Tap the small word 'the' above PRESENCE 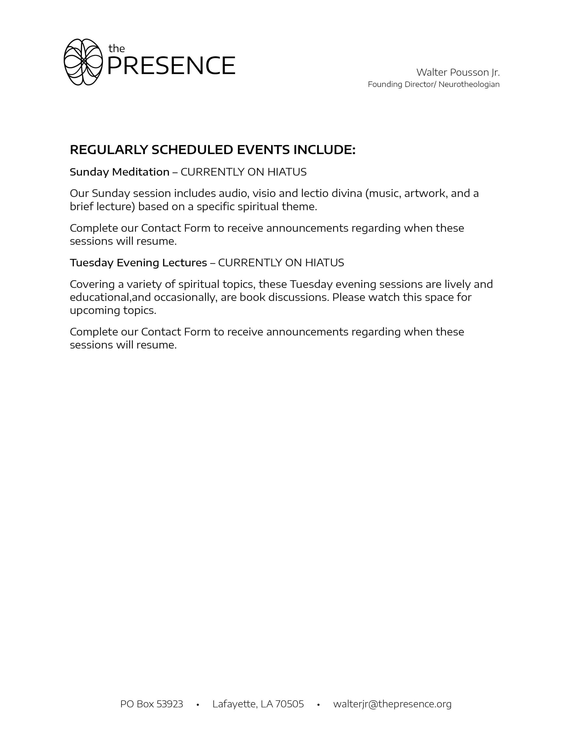tap(116, 49)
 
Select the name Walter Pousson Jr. tap(458, 72)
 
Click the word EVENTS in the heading tap(263, 150)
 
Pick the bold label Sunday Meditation tap(119, 172)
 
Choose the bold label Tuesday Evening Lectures tap(138, 263)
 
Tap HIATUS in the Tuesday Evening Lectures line tap(324, 263)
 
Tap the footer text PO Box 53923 tap(152, 704)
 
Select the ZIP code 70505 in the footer tap(289, 704)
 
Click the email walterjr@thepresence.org tap(392, 704)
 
